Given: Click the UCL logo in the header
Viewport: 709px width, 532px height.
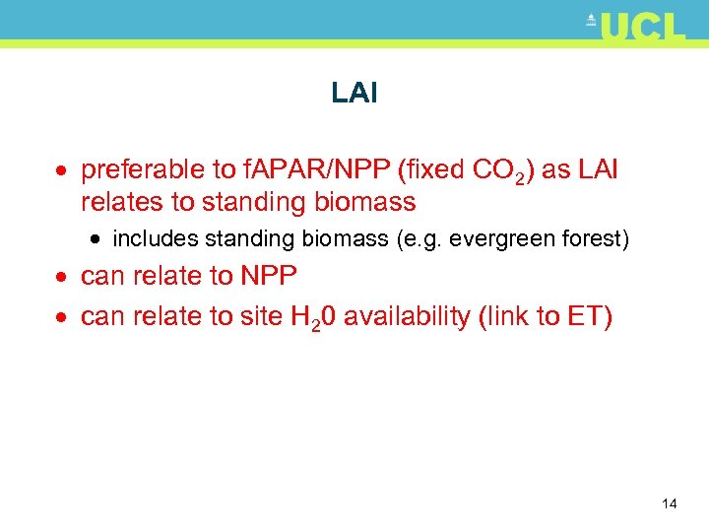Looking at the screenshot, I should click(x=637, y=27).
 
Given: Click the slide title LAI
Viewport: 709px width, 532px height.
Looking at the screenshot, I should click(x=354, y=94).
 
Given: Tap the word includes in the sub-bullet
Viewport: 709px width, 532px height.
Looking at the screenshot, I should click(x=153, y=238).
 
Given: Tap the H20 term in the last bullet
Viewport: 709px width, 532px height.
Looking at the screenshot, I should click(x=313, y=317).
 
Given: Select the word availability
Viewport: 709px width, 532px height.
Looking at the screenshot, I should click(x=415, y=316).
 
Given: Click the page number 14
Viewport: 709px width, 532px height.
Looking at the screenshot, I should click(x=670, y=504).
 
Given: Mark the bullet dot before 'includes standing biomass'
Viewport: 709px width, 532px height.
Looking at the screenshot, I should click(x=99, y=239).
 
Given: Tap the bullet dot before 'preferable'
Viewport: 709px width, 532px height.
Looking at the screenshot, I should click(x=63, y=171).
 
